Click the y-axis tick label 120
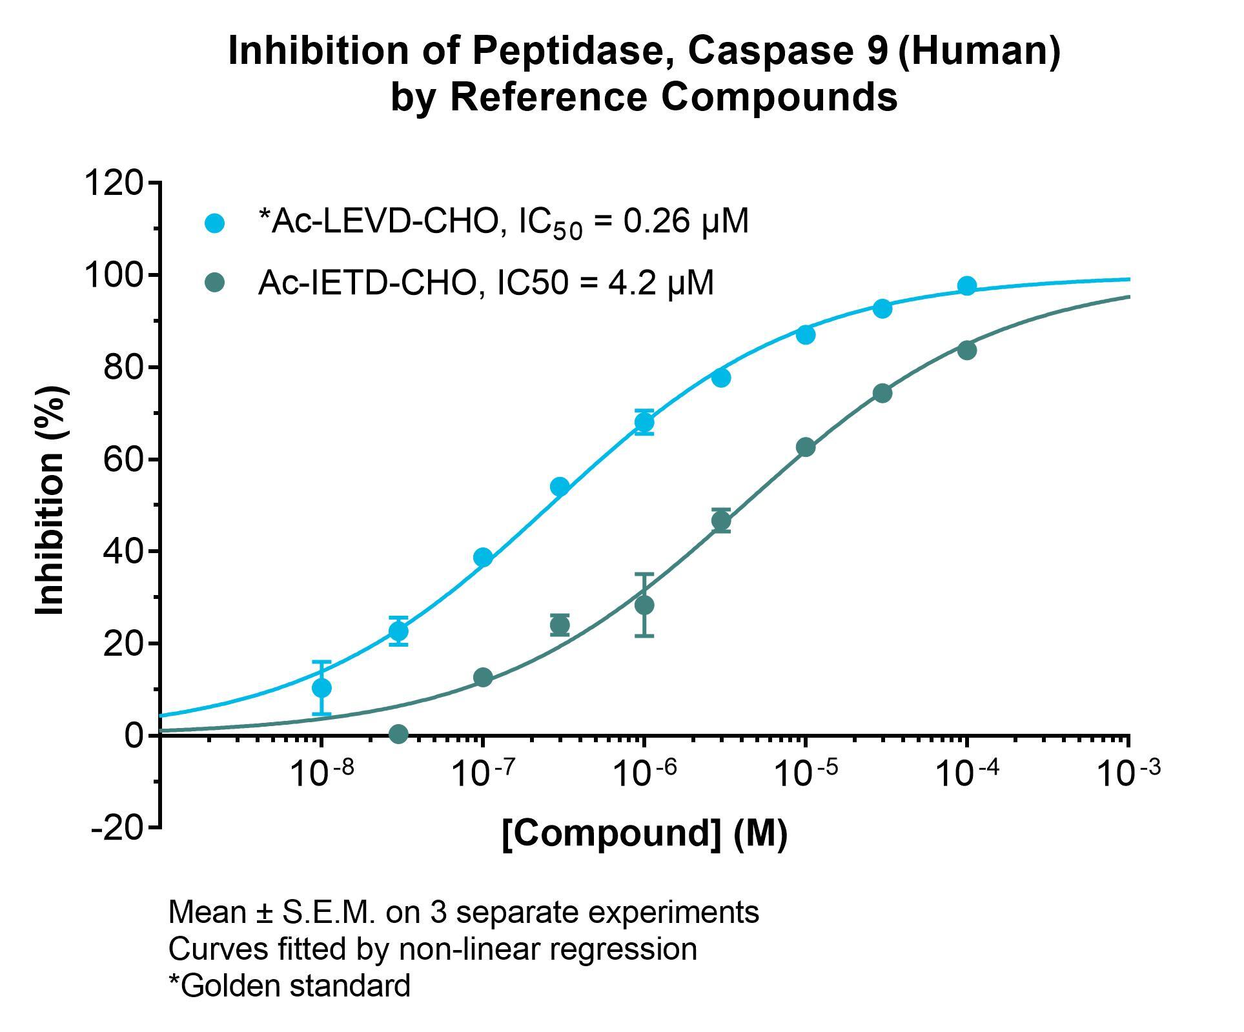click(x=114, y=183)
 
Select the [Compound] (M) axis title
click(x=644, y=833)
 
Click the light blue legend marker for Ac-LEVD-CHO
click(x=214, y=223)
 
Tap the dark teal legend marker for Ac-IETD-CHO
click(x=214, y=283)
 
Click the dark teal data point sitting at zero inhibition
click(x=398, y=734)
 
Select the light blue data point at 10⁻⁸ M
click(x=321, y=688)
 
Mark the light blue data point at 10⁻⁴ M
click(x=966, y=286)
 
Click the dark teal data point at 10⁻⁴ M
click(x=966, y=350)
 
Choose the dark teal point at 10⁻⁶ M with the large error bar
click(x=644, y=605)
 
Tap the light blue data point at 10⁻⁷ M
click(x=483, y=557)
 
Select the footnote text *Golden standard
click(x=289, y=986)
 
